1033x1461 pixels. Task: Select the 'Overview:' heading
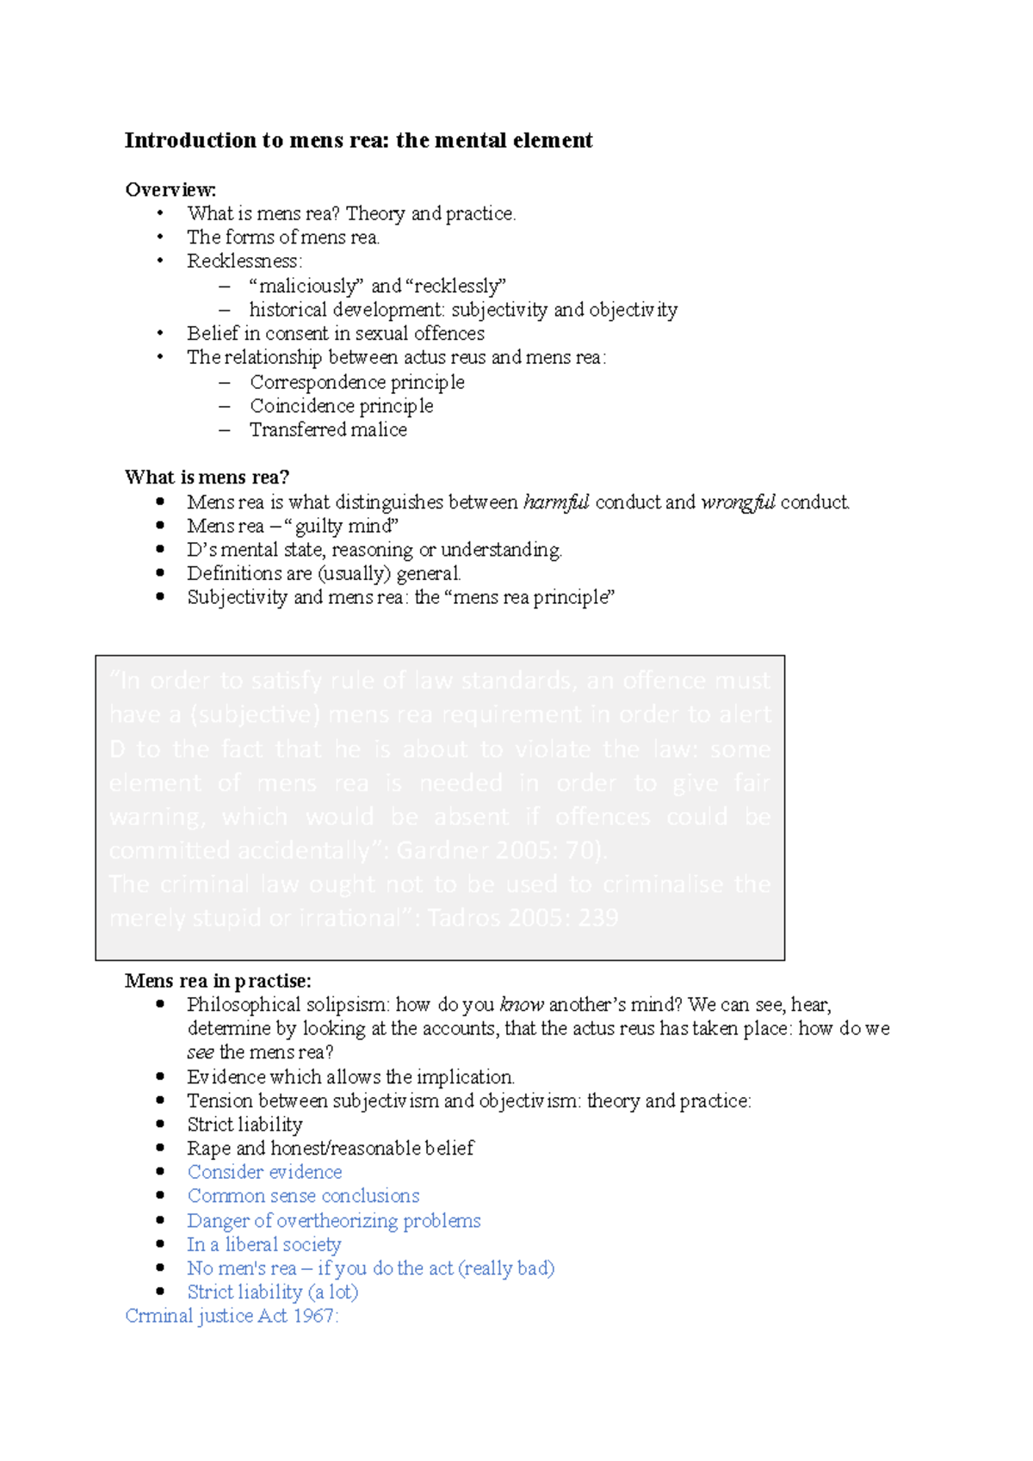coord(170,189)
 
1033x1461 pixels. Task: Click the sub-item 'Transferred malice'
coord(328,429)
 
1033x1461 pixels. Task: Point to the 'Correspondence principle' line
coord(356,382)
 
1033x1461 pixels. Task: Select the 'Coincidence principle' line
coord(341,405)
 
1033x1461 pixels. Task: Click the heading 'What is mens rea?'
coord(207,477)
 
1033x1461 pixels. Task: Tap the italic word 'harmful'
coord(556,502)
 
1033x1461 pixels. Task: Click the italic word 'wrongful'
coord(738,502)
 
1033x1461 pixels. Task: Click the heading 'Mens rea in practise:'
coord(218,981)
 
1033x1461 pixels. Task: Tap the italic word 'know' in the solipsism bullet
coord(522,1004)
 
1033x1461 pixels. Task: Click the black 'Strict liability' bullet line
coord(244,1125)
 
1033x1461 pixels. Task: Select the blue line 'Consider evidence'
coord(264,1172)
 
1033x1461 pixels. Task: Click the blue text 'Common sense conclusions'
coord(303,1196)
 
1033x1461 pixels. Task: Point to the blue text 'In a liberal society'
coord(263,1244)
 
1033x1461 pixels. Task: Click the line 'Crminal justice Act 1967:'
coord(232,1316)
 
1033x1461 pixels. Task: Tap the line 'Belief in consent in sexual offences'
coord(336,333)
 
